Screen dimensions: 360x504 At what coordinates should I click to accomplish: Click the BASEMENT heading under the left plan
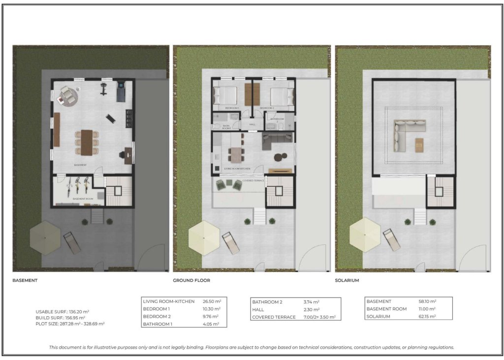[25, 280]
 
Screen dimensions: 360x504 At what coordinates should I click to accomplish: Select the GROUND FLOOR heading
[191, 280]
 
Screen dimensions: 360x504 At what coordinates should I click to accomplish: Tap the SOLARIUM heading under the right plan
[347, 280]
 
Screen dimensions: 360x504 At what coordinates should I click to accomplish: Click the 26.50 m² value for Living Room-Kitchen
[212, 301]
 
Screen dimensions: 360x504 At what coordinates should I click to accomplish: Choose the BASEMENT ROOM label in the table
[386, 309]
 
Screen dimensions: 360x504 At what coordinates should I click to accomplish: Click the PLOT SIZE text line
[69, 324]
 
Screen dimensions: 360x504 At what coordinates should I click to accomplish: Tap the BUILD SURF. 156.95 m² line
[61, 318]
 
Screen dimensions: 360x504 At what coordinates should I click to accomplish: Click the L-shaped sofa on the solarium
[407, 134]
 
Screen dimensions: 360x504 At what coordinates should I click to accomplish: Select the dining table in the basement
[87, 142]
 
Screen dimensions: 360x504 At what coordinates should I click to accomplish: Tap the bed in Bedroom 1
[225, 95]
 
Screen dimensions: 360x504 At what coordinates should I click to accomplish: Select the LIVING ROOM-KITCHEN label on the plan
[237, 169]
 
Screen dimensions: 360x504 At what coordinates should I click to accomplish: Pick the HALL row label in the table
[258, 309]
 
